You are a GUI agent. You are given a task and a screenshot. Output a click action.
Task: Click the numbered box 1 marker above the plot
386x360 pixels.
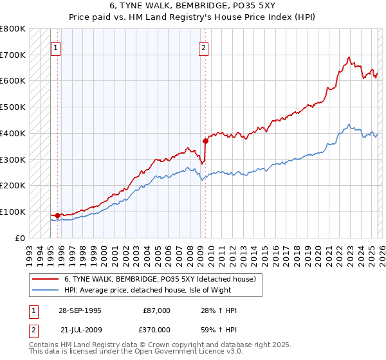[56, 47]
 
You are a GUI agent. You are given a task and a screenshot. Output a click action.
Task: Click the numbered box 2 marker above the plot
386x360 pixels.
[204, 47]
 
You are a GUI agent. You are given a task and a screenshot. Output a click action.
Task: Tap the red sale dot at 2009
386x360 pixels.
[205, 140]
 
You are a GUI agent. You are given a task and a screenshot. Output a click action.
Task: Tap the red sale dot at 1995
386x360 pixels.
[58, 215]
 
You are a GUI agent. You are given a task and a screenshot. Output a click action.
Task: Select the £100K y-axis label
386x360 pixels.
[13, 212]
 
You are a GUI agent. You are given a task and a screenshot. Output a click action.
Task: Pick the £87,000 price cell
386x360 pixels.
[157, 310]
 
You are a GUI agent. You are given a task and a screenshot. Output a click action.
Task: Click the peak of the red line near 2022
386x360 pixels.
[348, 57]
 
